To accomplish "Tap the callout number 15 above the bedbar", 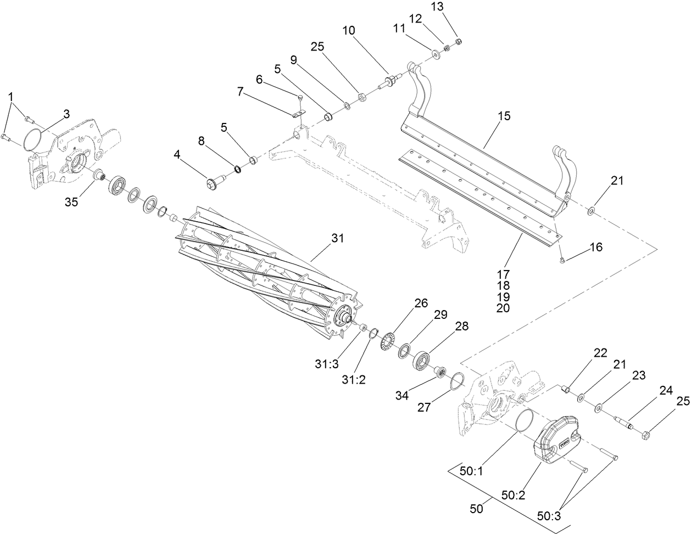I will (504, 116).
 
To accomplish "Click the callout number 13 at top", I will (452, 6).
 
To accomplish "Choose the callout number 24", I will (666, 391).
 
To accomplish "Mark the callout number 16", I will (596, 248).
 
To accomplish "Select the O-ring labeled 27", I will (454, 381).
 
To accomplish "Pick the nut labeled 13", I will (460, 41).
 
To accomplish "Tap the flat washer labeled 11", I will (437, 54).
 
